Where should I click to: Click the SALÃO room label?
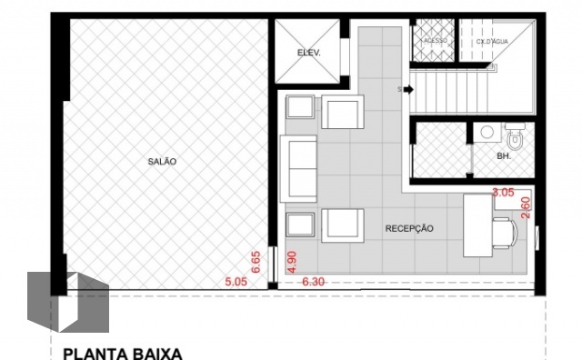[162, 161]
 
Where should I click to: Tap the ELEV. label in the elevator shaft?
[309, 53]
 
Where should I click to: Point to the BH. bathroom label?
[503, 156]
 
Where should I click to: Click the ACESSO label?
[434, 41]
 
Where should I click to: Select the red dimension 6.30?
[314, 283]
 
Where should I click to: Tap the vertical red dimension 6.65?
[257, 263]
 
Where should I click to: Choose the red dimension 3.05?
[503, 193]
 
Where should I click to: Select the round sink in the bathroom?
[488, 133]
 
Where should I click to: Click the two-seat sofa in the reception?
[299, 169]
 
